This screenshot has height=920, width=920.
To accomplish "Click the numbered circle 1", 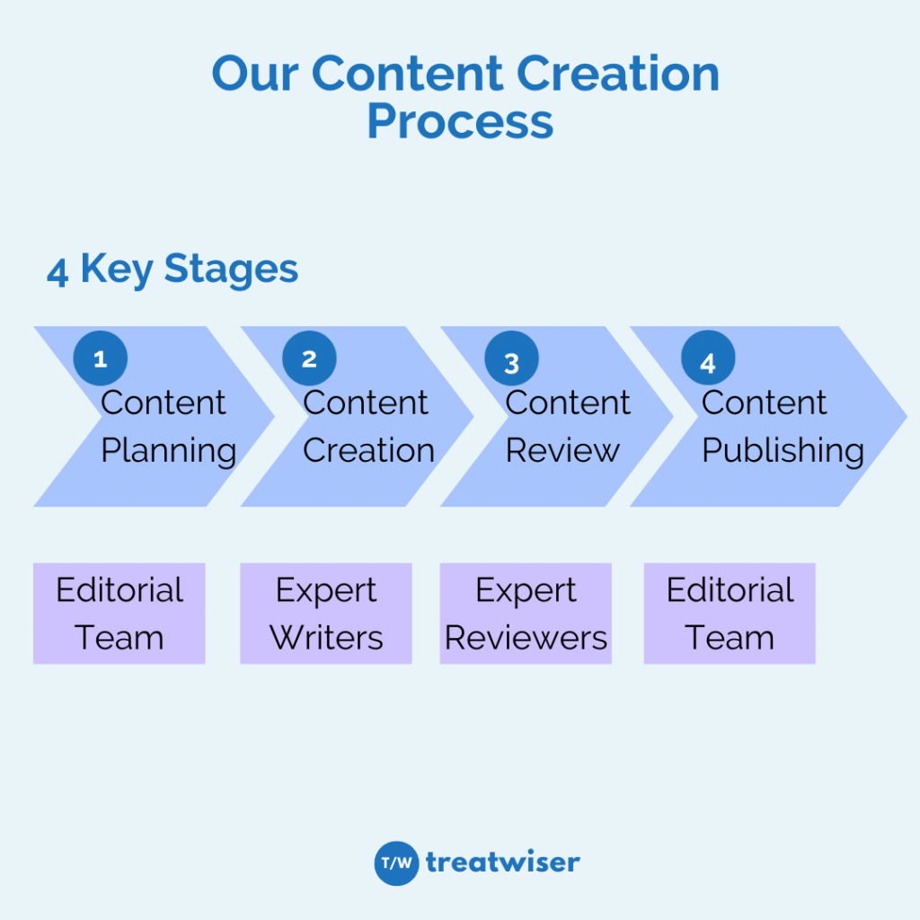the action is (x=101, y=358).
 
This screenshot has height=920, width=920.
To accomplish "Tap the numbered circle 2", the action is (x=309, y=358).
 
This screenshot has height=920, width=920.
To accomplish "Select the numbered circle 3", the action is (x=511, y=358).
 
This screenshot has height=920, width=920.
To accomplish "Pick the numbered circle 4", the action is (x=708, y=358).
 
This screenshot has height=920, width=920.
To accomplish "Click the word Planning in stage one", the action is (x=169, y=451).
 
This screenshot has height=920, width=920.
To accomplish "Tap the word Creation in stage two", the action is (x=368, y=450).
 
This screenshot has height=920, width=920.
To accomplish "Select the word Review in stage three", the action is (x=562, y=450).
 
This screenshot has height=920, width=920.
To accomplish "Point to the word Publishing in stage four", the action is (x=783, y=451).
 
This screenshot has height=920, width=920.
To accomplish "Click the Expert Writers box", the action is (x=326, y=613).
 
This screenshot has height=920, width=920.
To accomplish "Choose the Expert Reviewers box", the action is (x=526, y=613).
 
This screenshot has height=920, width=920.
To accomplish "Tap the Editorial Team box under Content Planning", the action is (x=119, y=613).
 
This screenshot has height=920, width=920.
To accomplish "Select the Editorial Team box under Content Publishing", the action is (x=730, y=613).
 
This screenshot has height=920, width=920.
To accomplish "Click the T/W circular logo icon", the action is (x=396, y=863).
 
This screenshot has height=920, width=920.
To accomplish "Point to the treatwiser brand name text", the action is (x=503, y=862).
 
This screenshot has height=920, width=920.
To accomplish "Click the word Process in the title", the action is (x=461, y=122).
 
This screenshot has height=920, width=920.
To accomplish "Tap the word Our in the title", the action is (x=255, y=74).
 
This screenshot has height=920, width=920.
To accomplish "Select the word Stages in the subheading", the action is (x=231, y=270).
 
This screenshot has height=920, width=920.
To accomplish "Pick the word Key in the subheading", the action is (x=117, y=270).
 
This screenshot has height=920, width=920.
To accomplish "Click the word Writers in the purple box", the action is (x=326, y=638).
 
